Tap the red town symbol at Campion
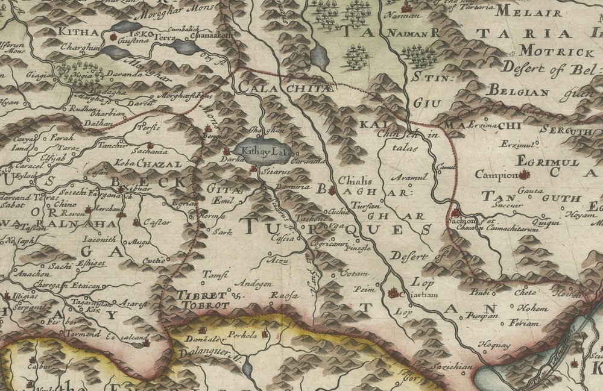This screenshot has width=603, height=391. [x=524, y=175]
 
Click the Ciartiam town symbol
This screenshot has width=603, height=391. [x=394, y=293]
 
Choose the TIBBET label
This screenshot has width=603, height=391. [x=202, y=296]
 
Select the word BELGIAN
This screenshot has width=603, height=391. [x=519, y=93]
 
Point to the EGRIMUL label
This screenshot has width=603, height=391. [x=548, y=163]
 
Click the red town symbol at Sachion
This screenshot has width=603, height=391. [x=456, y=213]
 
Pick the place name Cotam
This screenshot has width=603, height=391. [x=349, y=274]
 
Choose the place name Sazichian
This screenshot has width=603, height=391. [x=447, y=367]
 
